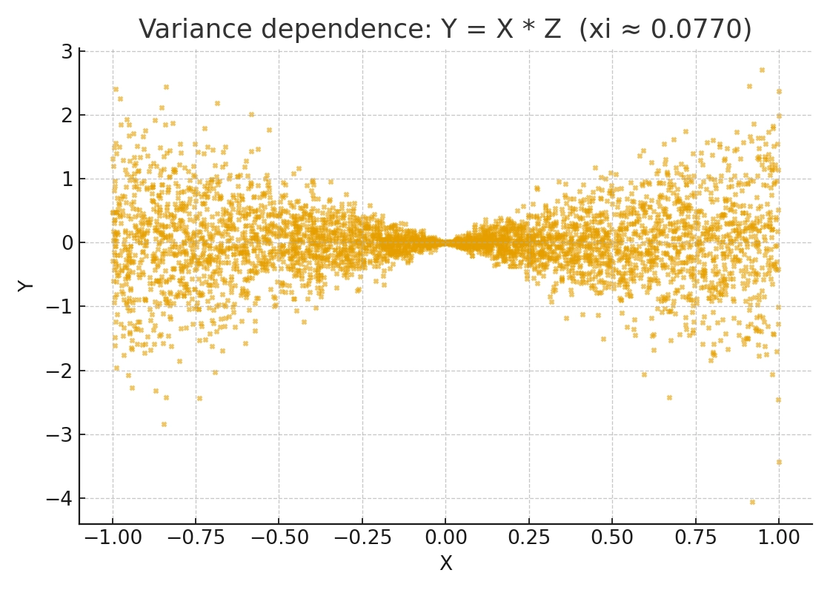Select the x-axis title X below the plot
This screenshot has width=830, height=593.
point(445,564)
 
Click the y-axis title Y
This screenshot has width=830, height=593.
point(26,285)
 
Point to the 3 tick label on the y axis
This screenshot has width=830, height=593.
point(67,51)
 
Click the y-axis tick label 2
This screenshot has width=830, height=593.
point(67,115)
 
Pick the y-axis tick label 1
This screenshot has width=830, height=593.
point(67,179)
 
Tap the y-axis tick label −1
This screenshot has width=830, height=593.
point(61,307)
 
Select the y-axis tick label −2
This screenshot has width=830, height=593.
point(61,371)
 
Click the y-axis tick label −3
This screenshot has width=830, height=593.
point(61,434)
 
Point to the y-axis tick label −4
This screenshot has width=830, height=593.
point(61,498)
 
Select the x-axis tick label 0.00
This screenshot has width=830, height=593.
point(445,537)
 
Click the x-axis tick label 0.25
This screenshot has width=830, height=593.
point(528,537)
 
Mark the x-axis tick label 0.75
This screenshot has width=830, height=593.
point(695,537)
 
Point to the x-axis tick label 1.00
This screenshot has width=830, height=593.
point(778,537)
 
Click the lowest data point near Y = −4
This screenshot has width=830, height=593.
point(752,502)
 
